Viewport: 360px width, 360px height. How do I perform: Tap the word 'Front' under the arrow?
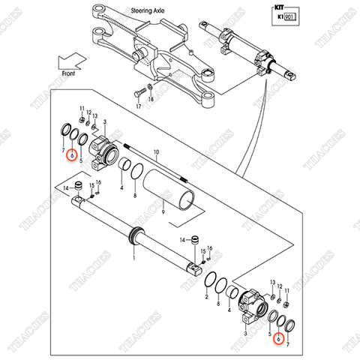point(70,73)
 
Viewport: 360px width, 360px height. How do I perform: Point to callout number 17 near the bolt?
point(137,107)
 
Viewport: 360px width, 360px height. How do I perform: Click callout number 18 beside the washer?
point(151,100)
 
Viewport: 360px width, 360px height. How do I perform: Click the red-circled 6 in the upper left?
point(71,156)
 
